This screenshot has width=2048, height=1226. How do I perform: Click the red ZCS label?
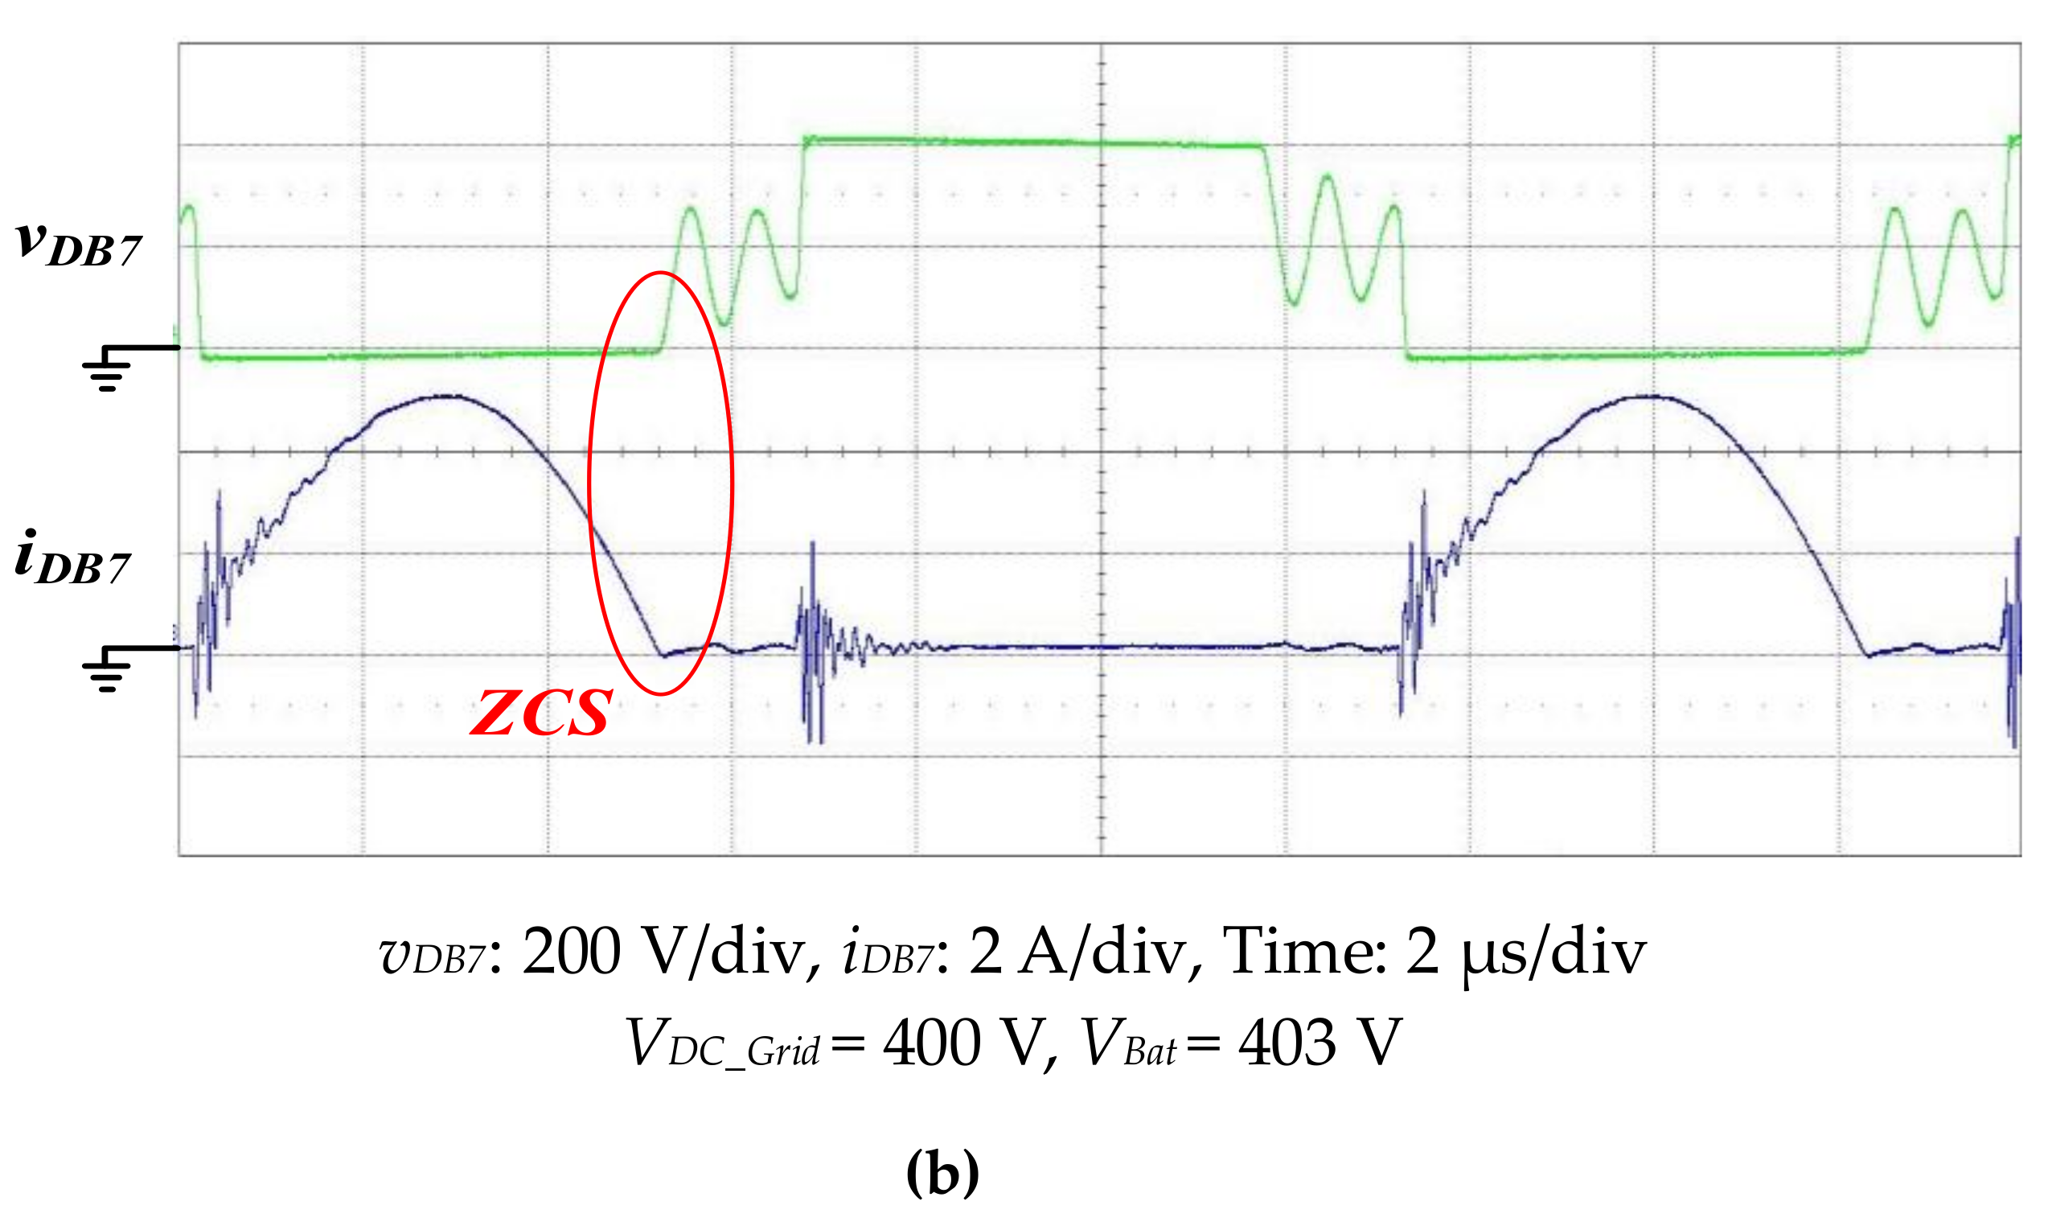pyautogui.click(x=541, y=714)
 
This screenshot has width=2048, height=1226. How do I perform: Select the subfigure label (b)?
pyautogui.click(x=942, y=1172)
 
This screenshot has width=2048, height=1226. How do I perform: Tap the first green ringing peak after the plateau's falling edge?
pyautogui.click(x=1327, y=175)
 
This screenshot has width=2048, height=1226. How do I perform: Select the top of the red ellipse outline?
pyautogui.click(x=661, y=273)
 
